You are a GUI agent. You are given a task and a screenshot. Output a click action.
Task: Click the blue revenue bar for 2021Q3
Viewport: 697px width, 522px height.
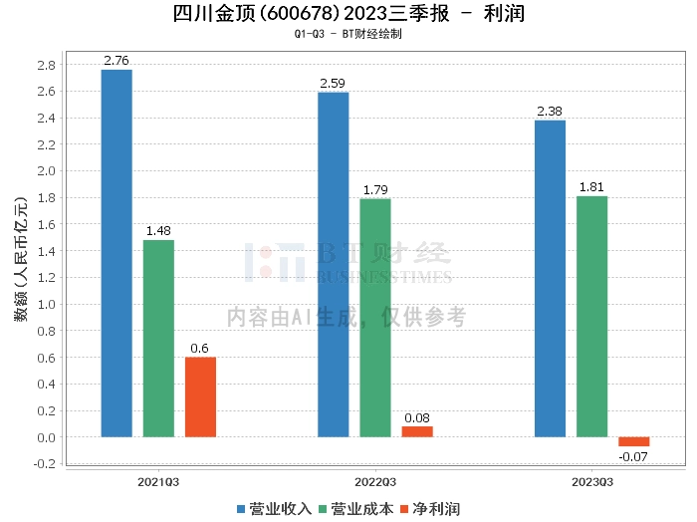tap(116, 253)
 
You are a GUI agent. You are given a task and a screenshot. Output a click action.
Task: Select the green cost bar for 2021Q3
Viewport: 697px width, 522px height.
tap(158, 338)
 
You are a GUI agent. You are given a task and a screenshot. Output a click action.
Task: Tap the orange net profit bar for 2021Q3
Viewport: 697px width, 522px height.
tap(200, 396)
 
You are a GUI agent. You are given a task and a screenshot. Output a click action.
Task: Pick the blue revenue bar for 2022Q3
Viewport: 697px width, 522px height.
tap(334, 264)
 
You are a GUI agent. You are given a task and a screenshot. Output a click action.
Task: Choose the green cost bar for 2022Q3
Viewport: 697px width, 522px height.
tap(375, 317)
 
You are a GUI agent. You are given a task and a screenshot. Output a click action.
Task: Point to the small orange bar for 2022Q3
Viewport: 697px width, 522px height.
tap(417, 431)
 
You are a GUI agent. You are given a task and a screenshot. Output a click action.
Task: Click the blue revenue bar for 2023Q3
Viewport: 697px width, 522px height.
tap(550, 278)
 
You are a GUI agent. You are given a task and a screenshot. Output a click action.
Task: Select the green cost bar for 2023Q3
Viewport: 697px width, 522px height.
tap(591, 316)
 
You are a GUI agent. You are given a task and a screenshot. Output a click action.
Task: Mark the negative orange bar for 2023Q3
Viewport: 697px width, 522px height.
tap(633, 441)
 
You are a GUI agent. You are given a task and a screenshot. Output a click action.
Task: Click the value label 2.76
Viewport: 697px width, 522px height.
tap(116, 62)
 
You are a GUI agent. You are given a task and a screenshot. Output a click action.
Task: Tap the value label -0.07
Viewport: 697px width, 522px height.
tap(633, 456)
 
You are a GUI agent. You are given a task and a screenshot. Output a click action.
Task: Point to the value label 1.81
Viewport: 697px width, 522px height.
tap(591, 187)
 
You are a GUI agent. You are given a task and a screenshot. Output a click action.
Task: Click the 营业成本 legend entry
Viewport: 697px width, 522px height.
tap(356, 509)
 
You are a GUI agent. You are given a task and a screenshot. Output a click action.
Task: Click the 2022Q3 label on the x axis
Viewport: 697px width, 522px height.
tap(375, 481)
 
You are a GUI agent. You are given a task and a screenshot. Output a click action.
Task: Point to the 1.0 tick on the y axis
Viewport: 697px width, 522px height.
tap(46, 304)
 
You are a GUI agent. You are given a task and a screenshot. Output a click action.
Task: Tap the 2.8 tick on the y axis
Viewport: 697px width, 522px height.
tap(46, 65)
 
